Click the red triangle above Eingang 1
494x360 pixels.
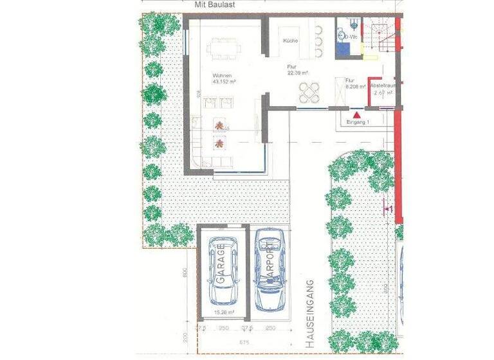357,114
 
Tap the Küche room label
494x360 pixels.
290,41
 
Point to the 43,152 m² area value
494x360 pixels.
224,82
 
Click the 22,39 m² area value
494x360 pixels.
299,73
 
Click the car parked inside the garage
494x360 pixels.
223,271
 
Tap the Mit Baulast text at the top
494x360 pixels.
215,4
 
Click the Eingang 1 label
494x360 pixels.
358,122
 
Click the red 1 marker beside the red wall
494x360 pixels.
389,209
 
